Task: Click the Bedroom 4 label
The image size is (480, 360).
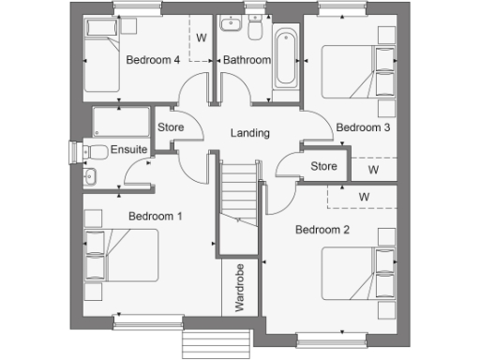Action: tap(153, 60)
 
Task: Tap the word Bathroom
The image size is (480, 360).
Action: tap(247, 60)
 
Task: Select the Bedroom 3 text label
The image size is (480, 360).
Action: tap(363, 127)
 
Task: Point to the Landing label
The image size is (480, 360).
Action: tap(250, 132)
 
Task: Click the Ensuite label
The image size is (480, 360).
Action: tap(128, 150)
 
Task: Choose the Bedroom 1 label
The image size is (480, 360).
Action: tap(155, 217)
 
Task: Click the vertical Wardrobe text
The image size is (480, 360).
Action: tap(239, 288)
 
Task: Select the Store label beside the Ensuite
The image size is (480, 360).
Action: tap(171, 127)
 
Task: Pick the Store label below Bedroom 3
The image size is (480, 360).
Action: tap(323, 167)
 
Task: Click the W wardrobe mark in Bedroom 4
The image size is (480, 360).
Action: tap(202, 38)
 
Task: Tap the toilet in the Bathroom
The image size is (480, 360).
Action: tap(255, 31)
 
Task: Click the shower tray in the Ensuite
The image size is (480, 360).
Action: tap(119, 120)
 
